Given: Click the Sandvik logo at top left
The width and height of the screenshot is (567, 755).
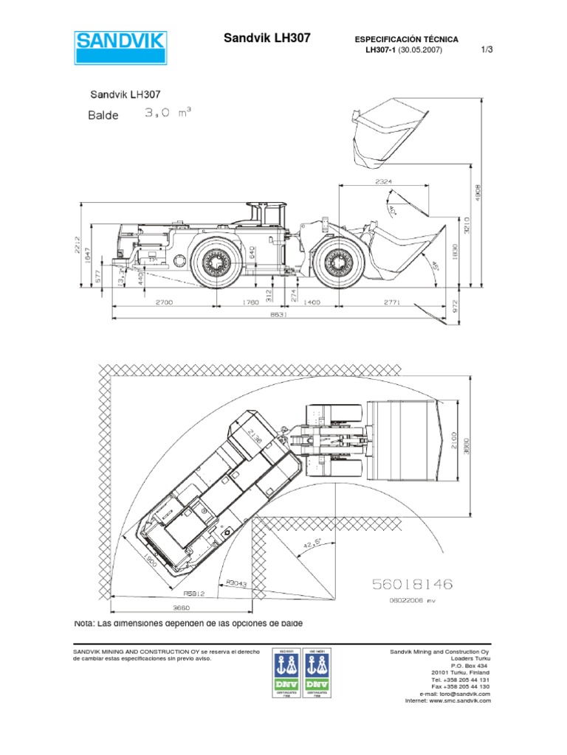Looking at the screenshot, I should (121, 49).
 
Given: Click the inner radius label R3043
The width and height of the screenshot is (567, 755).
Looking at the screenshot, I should (236, 582).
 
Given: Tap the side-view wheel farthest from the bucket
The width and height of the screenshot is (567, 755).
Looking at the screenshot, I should (218, 262).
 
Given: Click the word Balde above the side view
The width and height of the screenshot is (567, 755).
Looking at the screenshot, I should (103, 115).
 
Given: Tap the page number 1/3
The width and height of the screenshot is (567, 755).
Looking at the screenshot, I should (487, 50).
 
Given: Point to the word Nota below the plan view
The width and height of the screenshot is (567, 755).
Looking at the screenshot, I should (86, 623).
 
